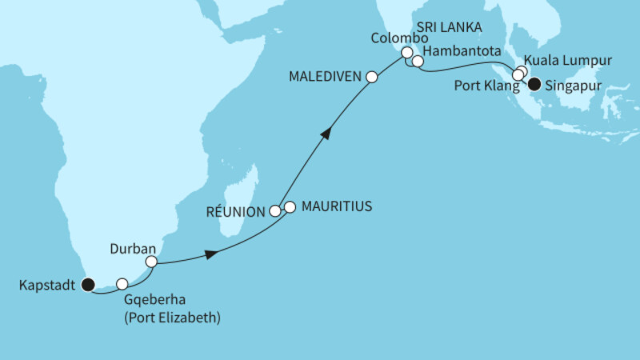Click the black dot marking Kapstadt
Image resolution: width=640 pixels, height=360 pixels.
point(87,283)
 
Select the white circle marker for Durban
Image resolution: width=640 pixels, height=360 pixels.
point(150,261)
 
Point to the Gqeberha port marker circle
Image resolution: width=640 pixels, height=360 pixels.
point(122,283)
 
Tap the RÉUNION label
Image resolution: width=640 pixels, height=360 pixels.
point(236,212)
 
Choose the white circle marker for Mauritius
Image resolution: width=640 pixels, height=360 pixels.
point(290,207)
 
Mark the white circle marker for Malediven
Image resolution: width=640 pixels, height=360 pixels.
point(372,77)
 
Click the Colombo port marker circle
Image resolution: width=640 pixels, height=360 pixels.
point(406,53)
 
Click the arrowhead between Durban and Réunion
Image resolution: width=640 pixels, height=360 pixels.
point(210,254)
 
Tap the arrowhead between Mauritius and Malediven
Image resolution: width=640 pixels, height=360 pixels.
point(325,134)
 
